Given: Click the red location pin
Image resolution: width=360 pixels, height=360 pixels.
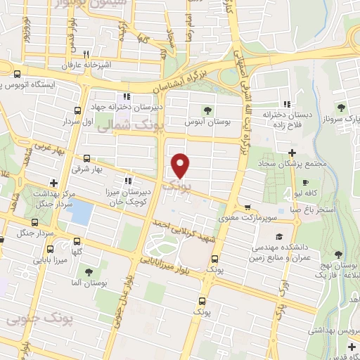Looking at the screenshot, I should point(181,166).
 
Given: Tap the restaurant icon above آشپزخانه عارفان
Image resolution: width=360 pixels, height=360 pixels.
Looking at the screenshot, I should point(86,53).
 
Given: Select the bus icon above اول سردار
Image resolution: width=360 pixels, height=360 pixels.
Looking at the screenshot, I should point(77,110).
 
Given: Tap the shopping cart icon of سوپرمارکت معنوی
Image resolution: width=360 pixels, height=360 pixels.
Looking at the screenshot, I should point(247,207).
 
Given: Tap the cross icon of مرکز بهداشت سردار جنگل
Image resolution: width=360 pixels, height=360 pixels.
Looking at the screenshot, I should point(53,183).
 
